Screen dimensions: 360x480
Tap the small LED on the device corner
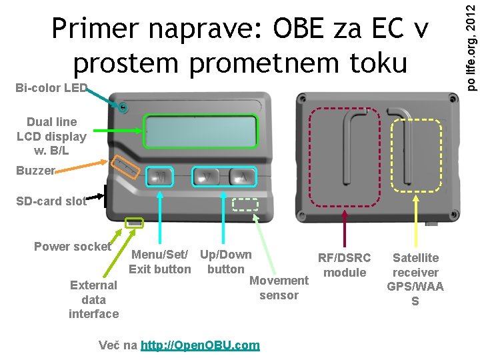[124, 106]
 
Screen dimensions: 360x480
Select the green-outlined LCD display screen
[201, 131]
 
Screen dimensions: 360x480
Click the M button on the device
[161, 176]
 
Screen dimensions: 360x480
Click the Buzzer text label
[35, 171]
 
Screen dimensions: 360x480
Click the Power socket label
[72, 247]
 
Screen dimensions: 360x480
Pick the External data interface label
[93, 299]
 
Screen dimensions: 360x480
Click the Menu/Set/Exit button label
[160, 261]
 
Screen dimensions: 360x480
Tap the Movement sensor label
[279, 287]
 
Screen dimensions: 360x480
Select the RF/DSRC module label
[344, 265]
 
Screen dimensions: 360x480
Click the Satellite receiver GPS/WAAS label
[415, 279]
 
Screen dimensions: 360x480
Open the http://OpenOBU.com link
[200, 345]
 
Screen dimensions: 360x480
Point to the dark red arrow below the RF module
[344, 229]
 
